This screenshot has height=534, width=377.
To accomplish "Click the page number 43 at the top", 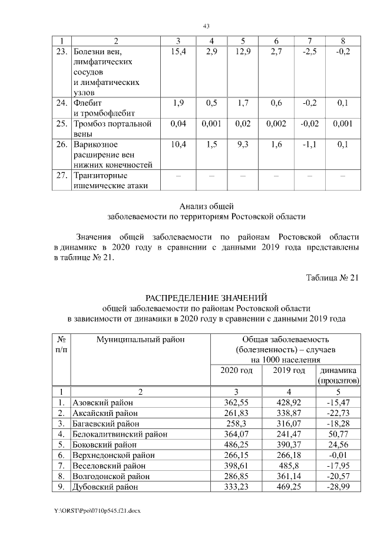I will (206, 26).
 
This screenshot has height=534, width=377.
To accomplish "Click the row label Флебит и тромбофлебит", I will (104, 107).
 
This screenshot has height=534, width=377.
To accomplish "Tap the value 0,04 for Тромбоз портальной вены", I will (178, 124).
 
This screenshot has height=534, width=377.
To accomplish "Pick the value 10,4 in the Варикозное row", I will (178, 145).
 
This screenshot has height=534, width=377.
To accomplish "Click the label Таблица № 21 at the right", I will (332, 279).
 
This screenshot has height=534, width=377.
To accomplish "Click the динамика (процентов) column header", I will (338, 375).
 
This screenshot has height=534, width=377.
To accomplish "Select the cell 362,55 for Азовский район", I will (236, 402).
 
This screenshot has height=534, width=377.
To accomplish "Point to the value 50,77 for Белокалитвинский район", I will (338, 434).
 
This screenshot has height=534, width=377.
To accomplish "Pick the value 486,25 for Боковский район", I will (236, 445).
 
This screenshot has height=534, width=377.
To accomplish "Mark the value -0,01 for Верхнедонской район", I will (338, 456).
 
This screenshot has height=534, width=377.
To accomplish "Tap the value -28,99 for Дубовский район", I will (338, 487).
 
